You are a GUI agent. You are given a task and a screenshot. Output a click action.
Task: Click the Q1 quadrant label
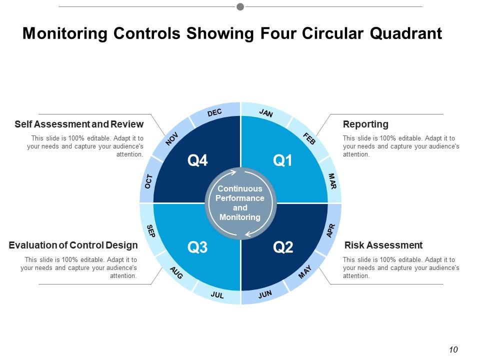coord(282,160)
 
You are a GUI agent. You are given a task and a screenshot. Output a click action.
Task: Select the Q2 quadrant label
coord(283,247)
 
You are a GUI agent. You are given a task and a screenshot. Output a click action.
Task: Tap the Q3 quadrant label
coord(197,247)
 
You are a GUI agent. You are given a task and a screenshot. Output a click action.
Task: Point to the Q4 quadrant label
coord(197,160)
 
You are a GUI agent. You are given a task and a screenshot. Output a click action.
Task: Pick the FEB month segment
coord(309,138)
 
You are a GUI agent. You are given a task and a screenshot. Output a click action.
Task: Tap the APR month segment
coord(330,230)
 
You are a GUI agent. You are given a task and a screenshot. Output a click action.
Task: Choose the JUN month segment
coord(265,294)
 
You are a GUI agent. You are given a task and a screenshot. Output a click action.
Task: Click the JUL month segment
coord(217,295)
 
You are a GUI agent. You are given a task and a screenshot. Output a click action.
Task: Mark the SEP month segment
coord(150,230)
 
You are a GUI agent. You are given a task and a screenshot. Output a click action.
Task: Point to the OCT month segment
coord(148,181)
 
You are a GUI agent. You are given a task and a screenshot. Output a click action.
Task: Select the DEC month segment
coord(214,113)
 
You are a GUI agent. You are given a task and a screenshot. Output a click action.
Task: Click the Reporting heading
coord(365,124)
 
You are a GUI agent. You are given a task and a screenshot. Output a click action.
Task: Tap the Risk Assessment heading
coord(383,245)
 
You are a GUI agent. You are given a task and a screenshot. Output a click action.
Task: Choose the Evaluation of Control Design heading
coord(73,245)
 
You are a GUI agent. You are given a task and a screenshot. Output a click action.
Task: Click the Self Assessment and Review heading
coord(79,124)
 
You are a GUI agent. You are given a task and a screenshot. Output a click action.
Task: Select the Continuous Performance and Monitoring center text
coord(240,203)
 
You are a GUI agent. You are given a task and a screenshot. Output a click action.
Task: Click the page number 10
coord(453,349)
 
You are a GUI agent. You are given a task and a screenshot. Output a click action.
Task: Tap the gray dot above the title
coord(240,6)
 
